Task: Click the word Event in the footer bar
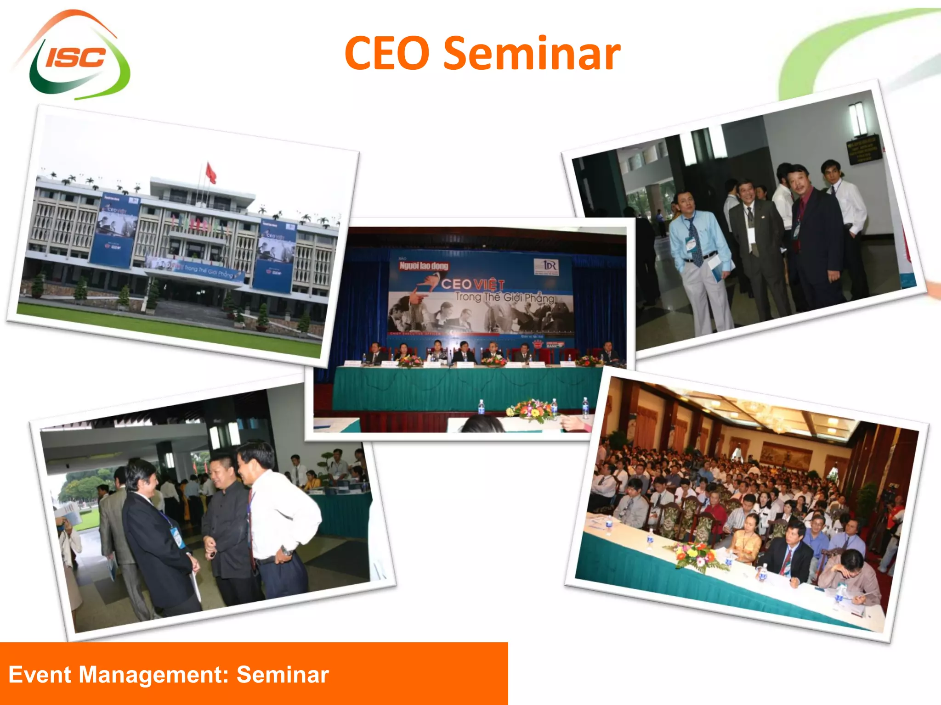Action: click(40, 675)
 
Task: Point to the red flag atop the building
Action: click(211, 173)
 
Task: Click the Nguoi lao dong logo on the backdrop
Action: click(423, 266)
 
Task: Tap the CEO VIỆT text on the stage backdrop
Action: click(473, 285)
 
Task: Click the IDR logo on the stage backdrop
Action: click(546, 267)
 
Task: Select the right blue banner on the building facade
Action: click(276, 255)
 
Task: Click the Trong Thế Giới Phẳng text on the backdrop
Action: click(505, 297)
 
